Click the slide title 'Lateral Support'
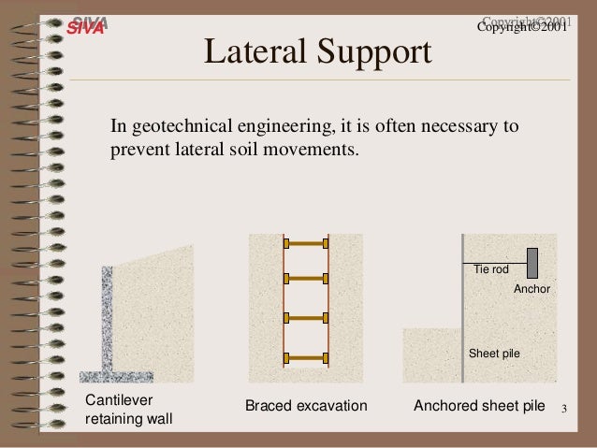pos(317,53)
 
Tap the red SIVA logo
pos(87,26)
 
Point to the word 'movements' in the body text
pos(313,149)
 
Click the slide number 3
pos(564,410)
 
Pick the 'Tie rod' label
pos(491,269)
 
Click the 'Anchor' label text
pos(531,290)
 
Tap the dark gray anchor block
pos(531,263)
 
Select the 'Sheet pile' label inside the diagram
pos(493,354)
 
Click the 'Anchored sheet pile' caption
pos(478,406)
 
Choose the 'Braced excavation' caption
pos(306,407)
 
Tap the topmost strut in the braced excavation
pos(305,243)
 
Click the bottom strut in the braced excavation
pos(305,357)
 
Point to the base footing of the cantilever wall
pos(116,377)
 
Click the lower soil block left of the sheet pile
pos(431,354)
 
